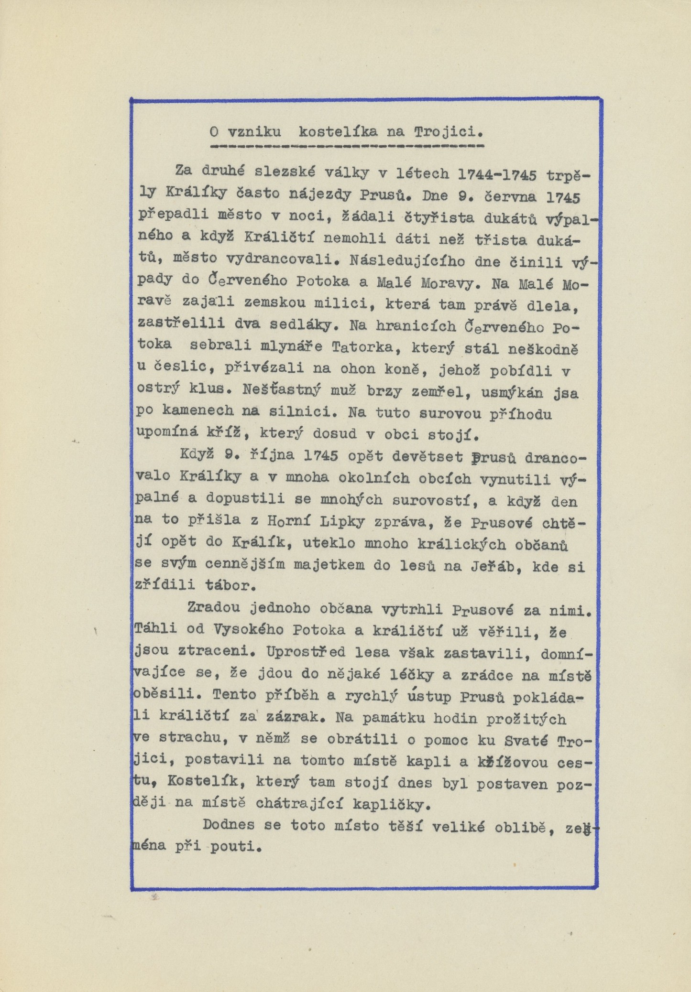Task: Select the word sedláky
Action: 301,325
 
